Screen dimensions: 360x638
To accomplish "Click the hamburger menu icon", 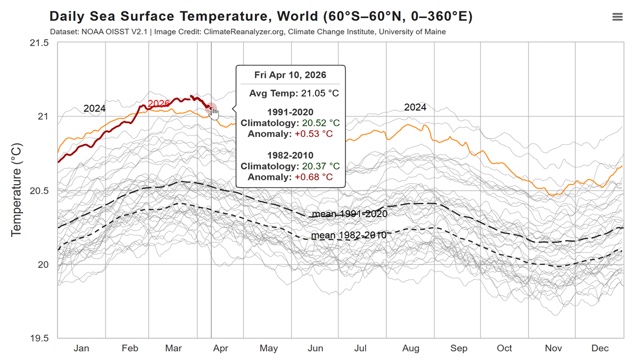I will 618,17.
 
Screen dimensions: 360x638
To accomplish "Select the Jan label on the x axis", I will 82,348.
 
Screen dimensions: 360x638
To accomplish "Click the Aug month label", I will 410,348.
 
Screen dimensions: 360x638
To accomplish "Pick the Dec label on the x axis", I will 600,348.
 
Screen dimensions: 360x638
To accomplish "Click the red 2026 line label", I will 158,103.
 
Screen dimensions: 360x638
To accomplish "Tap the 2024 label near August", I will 415,107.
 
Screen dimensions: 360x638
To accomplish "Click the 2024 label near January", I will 94,109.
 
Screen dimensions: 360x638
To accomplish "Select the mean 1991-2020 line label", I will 349,214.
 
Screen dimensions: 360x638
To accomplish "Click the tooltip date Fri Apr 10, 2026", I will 290,75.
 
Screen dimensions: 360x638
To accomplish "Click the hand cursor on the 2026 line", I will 213,113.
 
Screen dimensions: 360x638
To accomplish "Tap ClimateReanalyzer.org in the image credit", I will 244,32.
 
